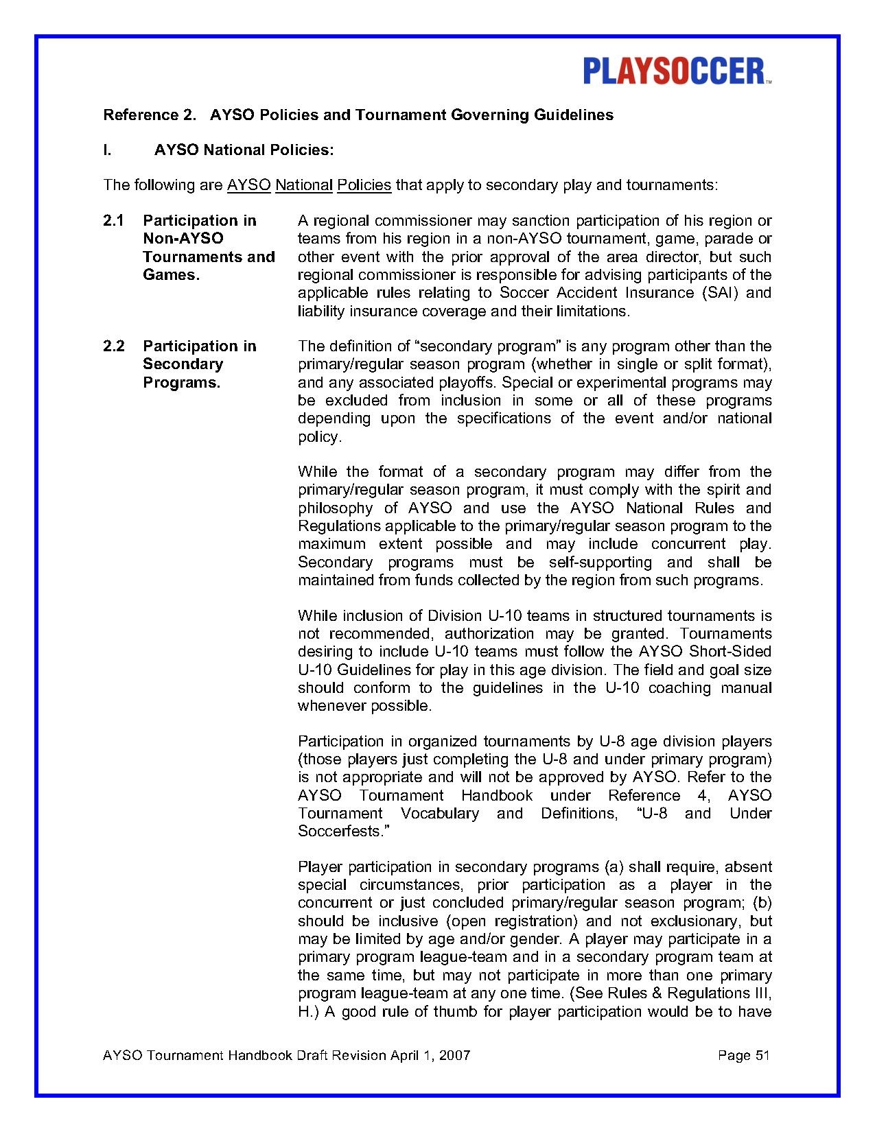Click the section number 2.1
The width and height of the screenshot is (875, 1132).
[x=113, y=221]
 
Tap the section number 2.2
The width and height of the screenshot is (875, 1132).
[x=113, y=346]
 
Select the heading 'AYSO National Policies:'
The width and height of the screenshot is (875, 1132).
[x=244, y=150]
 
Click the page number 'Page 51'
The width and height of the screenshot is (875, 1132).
[x=744, y=1055]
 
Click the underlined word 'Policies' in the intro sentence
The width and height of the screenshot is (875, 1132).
[x=364, y=185]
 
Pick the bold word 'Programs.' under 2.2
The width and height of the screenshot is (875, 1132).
[x=181, y=383]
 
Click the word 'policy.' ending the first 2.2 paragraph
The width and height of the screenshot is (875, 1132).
[x=319, y=437]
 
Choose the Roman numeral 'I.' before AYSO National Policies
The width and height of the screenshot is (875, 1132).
[x=107, y=150]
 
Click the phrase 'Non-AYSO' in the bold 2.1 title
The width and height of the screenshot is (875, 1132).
[x=183, y=239]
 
